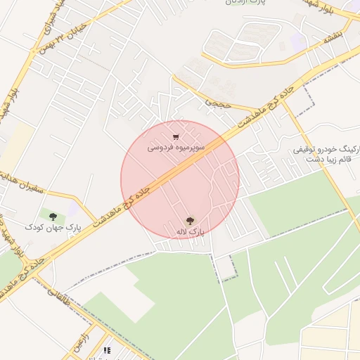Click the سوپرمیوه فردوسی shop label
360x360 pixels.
click(x=176, y=148)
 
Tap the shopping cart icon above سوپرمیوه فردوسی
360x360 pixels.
click(x=176, y=137)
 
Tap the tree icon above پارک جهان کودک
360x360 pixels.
click(x=53, y=217)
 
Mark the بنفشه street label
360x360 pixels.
click(x=333, y=40)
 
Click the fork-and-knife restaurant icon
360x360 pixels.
click(x=107, y=349)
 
